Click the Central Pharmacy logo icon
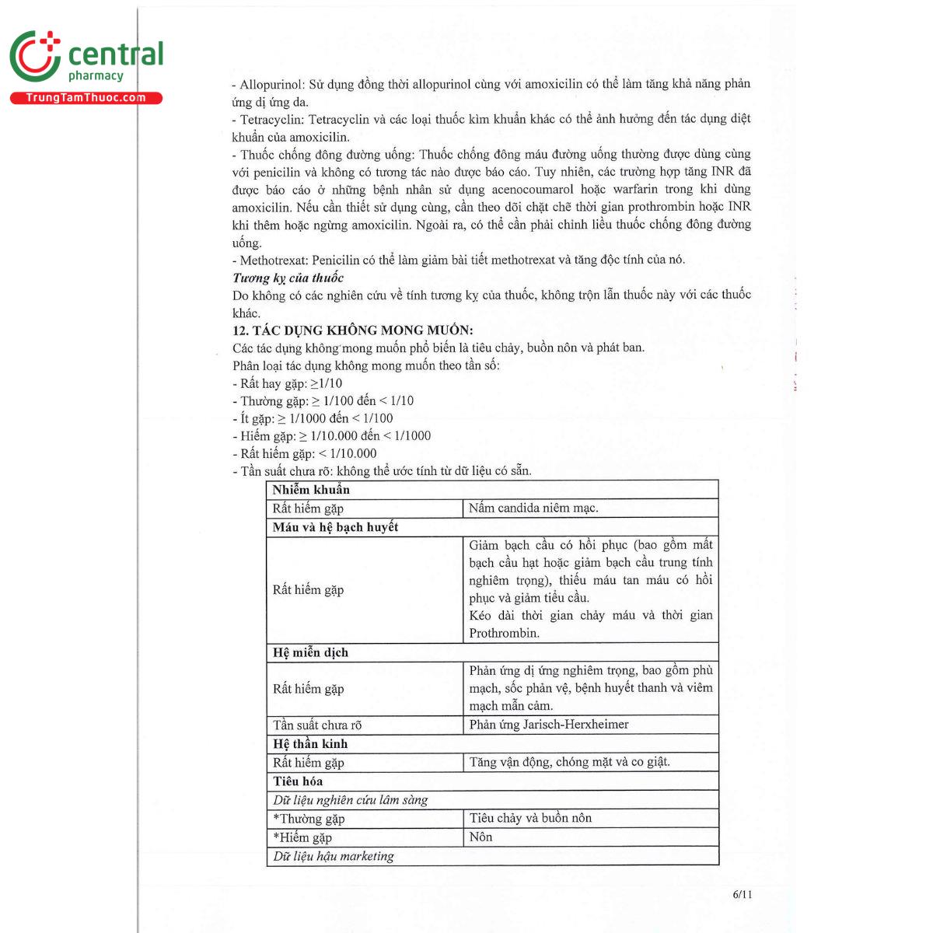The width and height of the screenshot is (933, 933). pos(35,56)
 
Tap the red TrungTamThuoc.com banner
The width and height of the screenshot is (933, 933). pos(86,98)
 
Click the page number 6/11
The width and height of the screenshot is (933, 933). pos(743,894)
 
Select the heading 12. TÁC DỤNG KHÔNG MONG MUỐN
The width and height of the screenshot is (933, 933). pos(352,330)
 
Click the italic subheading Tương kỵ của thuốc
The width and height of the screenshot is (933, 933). pos(288,278)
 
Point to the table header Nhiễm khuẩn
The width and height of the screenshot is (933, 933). pos(311,490)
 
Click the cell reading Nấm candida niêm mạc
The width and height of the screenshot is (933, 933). pos(533,508)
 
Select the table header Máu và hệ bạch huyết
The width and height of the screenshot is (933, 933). pos(335,527)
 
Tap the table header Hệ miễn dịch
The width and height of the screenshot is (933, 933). pos(310,652)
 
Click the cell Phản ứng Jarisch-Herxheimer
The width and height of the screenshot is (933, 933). pos(549,725)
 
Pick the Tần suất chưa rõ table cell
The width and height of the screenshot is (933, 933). pos(317,725)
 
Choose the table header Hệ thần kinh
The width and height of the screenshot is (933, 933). pos(310,744)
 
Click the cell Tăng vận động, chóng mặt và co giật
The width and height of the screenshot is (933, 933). pos(569,763)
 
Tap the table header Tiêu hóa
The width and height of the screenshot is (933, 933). pos(298,781)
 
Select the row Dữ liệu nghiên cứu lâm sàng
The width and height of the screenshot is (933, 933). pos(350,800)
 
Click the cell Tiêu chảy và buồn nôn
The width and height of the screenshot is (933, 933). pos(530,818)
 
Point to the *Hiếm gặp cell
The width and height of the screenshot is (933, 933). pos(302,837)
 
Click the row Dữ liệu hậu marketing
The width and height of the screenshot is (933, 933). pos(334,856)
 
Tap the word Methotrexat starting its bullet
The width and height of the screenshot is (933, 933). pos(273,260)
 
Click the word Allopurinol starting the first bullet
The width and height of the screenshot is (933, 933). pos(271,84)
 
